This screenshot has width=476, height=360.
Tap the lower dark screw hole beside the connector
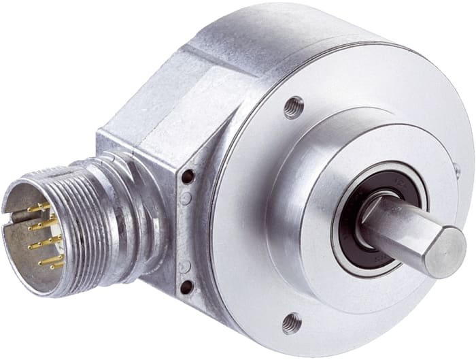[x=186, y=288]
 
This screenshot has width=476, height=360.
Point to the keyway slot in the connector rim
[x=10, y=215]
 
